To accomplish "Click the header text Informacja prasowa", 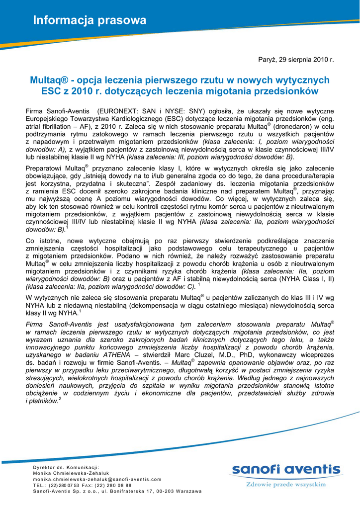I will pos(90,21).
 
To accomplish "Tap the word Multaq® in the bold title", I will pos(48,80).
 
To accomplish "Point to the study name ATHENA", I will pos(117,355).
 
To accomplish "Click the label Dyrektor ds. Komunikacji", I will pos(66,467).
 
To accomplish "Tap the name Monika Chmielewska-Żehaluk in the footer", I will pos(71,473).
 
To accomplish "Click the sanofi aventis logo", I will pos(285,469).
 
